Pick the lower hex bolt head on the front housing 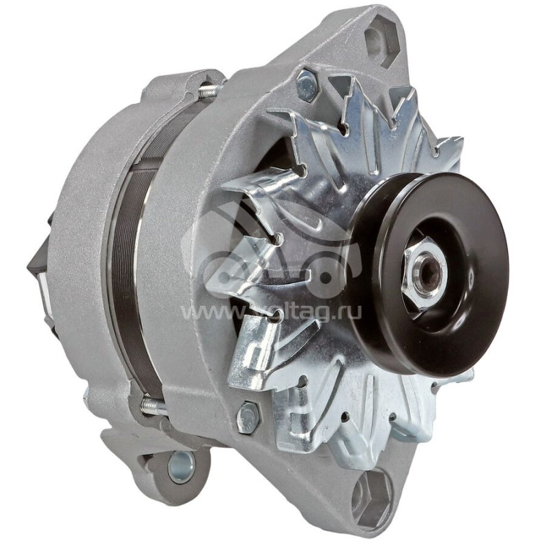click(x=247, y=418)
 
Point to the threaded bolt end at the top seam click(x=207, y=89)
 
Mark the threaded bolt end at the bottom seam click(x=153, y=407)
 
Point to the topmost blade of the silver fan click(x=362, y=102)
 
